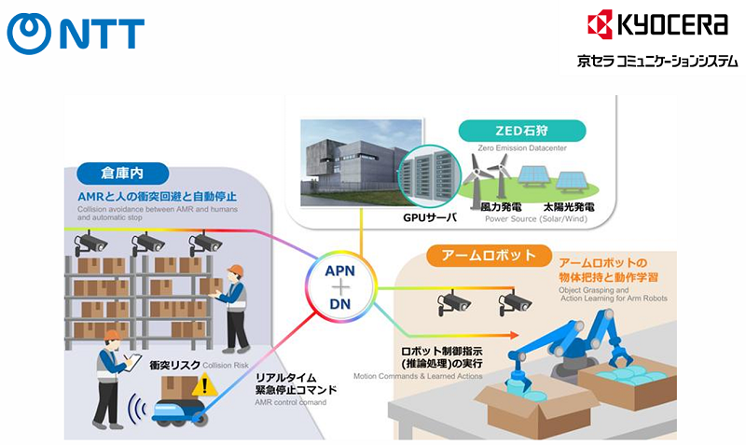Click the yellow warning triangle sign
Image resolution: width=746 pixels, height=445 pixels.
coord(205,383)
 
